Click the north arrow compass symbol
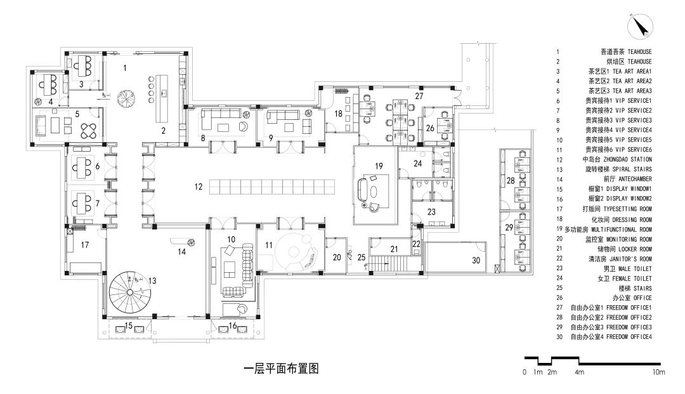[x=638, y=27]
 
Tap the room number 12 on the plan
[x=199, y=187]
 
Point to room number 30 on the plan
[x=476, y=260]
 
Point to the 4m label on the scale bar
[x=579, y=372]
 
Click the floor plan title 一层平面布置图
[x=280, y=369]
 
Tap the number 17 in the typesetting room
[x=84, y=243]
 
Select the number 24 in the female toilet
[x=417, y=163]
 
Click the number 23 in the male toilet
[x=431, y=212]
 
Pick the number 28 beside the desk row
[x=510, y=181]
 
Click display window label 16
[x=233, y=325]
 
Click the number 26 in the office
[x=430, y=128]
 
